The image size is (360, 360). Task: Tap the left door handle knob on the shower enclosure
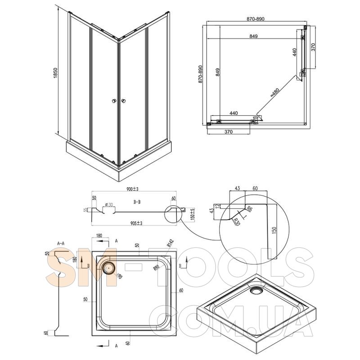113,101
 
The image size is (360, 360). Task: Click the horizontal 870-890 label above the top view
255,19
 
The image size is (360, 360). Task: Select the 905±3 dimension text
134,223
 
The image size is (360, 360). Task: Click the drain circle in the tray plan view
108,267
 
